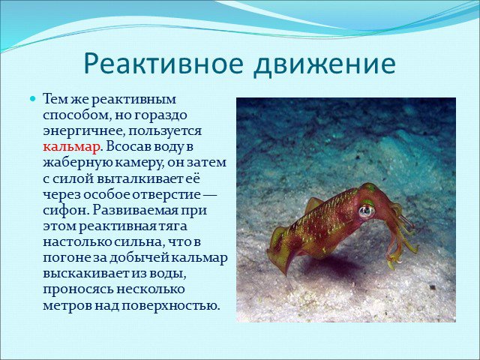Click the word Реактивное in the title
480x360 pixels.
coord(163,64)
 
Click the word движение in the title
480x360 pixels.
coord(325,64)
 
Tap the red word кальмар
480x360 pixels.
coord(71,147)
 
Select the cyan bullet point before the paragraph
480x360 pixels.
coord(33,99)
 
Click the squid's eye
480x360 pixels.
coord(367,211)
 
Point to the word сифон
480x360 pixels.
coord(65,210)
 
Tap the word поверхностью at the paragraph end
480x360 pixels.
coord(171,305)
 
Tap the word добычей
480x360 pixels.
coord(138,258)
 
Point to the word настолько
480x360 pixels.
coord(77,242)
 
